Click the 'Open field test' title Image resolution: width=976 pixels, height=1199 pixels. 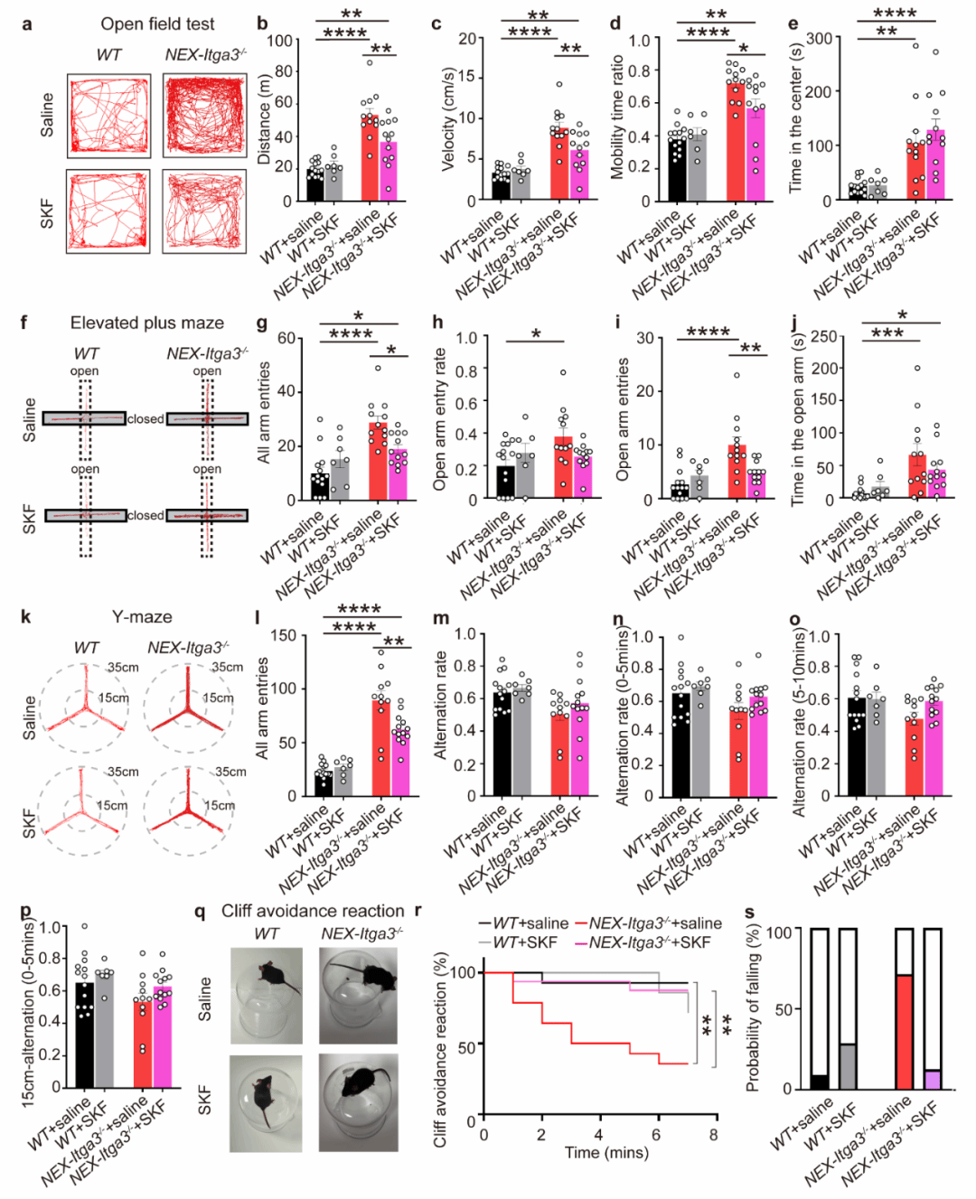157,24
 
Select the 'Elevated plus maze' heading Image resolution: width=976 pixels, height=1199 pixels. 146,323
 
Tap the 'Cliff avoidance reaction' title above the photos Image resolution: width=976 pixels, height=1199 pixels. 313,911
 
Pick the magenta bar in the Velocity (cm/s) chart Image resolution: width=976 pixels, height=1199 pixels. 579,175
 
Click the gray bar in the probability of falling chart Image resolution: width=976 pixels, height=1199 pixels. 848,1066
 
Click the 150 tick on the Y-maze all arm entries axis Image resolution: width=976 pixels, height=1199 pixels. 283,635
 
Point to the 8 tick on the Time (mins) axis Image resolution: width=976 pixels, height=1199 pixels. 714,1135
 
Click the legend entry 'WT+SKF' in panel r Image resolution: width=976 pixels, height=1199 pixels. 526,942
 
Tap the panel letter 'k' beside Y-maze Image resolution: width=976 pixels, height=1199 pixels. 25,617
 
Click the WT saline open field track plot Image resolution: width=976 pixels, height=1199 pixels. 108,117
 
